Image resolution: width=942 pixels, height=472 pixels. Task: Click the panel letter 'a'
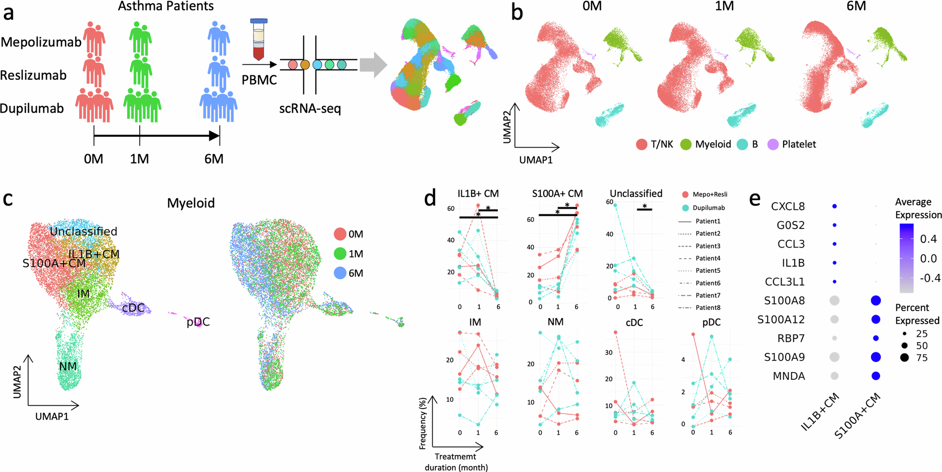9,13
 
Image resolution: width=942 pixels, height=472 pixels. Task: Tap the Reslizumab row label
33,75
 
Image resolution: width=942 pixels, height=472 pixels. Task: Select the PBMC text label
259,80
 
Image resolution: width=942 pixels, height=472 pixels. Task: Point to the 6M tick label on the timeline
214,158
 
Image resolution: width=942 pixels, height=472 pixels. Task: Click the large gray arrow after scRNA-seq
373,65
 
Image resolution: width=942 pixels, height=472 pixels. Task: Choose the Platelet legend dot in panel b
773,144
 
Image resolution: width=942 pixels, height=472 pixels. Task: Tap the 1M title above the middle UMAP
724,6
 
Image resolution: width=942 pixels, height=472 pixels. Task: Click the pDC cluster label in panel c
198,322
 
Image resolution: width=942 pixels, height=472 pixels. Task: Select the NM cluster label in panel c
68,366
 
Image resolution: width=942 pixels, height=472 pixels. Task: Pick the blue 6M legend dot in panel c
340,273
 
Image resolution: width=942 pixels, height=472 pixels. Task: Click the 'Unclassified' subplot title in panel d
636,193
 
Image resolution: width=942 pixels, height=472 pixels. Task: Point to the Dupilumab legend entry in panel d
704,208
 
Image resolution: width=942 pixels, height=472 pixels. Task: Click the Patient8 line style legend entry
699,307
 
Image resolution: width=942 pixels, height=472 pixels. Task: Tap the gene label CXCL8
787,207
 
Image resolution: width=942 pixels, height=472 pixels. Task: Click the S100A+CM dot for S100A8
876,301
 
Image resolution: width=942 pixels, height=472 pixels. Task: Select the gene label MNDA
788,376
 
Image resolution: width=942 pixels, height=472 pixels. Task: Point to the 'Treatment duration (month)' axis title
456,462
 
